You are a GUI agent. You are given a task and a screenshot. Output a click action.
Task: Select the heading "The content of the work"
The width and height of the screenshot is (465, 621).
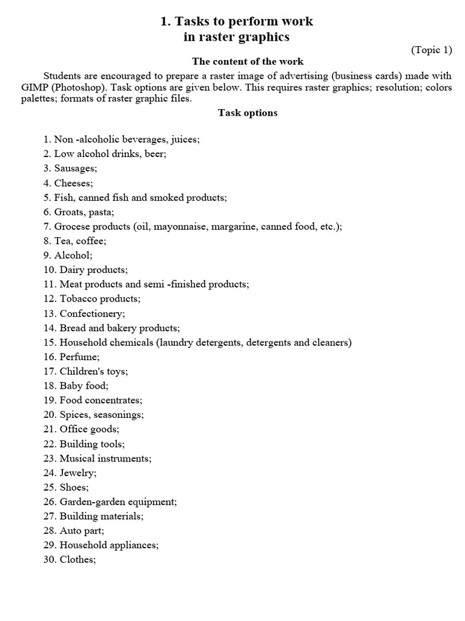tap(248, 61)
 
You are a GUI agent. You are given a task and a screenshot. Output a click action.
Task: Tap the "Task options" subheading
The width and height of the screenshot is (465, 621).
tap(248, 113)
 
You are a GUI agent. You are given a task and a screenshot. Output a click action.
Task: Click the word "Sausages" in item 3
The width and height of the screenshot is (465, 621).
tap(74, 168)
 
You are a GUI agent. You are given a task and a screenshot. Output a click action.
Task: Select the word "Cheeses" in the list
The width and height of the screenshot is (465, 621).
tap(73, 183)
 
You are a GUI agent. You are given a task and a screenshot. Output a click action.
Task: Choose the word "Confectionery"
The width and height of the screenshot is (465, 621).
tap(91, 314)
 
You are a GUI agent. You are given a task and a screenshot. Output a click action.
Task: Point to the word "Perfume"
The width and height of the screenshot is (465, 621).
tap(78, 357)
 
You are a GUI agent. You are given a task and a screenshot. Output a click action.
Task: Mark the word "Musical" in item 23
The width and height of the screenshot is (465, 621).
tap(77, 458)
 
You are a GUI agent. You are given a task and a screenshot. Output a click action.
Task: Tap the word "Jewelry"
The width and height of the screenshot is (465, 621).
tap(77, 473)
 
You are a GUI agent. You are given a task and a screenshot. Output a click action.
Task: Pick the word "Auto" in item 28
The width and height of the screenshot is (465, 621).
tap(70, 531)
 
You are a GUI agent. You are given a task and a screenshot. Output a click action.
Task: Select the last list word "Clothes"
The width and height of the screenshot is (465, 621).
tap(76, 560)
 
